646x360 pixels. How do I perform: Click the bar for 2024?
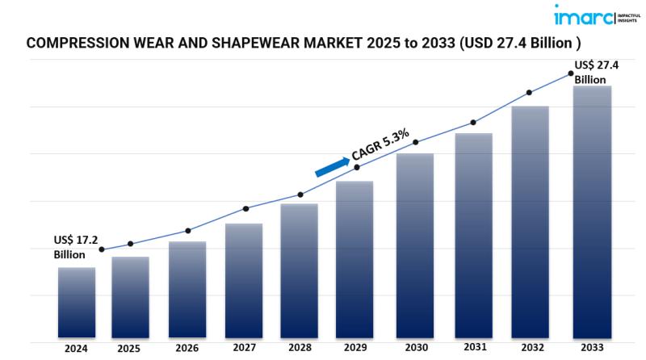pos(77,302)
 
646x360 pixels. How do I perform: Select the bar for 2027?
pos(244,280)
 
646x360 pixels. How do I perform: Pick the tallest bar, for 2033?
pos(592,211)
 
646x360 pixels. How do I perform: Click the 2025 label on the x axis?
pos(128,350)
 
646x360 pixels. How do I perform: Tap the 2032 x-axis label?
pos(532,349)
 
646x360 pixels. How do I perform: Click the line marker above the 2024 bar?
pos(101,249)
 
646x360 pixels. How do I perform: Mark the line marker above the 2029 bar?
pos(359,167)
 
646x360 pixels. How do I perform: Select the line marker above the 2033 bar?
pos(570,73)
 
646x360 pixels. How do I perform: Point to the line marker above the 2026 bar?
pos(188,231)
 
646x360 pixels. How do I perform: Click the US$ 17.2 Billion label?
pos(75,247)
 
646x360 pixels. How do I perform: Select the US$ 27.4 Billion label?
pos(596,72)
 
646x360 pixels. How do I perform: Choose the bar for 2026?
pos(187,289)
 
